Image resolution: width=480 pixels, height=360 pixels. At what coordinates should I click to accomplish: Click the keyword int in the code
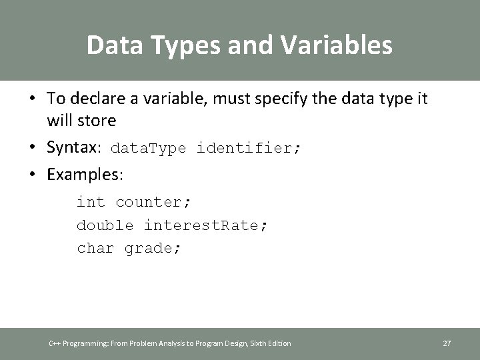tap(91, 202)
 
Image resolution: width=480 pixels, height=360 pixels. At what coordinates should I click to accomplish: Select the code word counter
tap(153, 202)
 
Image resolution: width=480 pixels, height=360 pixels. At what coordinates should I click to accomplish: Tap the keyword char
tap(95, 249)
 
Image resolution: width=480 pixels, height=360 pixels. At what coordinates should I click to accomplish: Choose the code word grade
tap(153, 249)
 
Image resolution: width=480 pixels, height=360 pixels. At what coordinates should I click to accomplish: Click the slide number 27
tap(447, 343)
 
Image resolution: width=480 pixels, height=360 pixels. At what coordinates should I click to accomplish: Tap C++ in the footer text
tap(55, 343)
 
